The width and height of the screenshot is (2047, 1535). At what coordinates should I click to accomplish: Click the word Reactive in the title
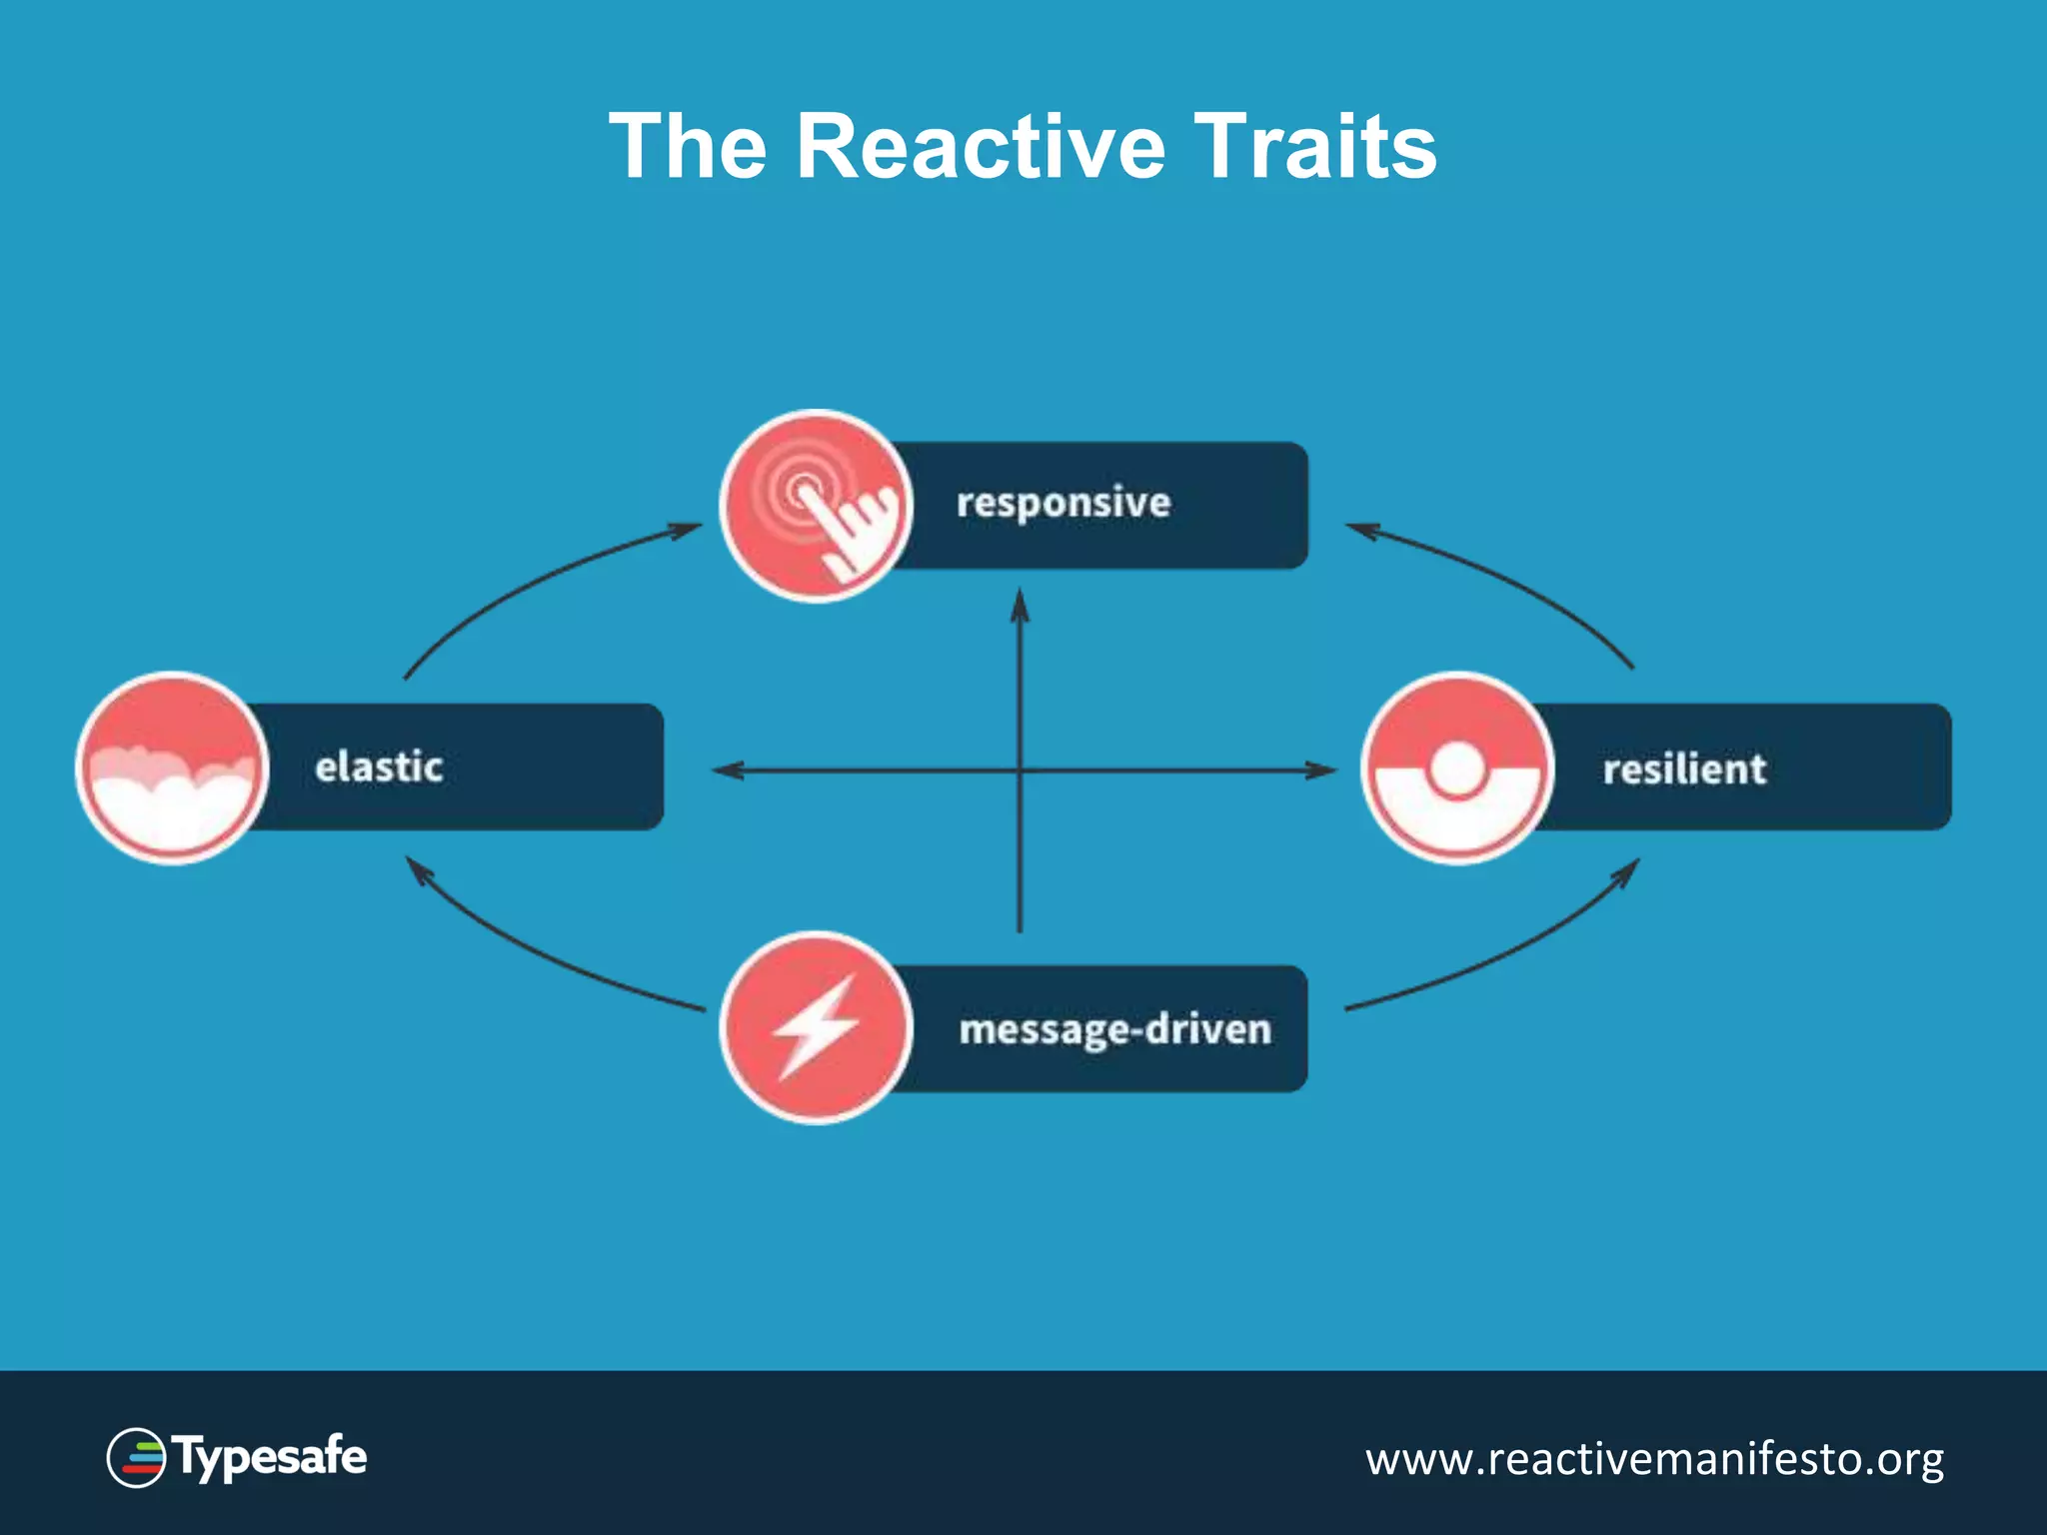(x=980, y=147)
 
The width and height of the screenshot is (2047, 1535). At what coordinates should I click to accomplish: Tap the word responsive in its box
(x=1062, y=503)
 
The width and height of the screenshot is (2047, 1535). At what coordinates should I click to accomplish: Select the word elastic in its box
(x=379, y=767)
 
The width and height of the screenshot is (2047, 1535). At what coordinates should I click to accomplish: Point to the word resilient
(x=1684, y=769)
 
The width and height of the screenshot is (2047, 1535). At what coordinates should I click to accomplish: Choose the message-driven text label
(x=1114, y=1029)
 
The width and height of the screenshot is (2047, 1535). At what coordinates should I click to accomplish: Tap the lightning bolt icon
(x=816, y=1027)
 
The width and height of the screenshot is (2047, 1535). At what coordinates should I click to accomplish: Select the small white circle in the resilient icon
(x=1457, y=768)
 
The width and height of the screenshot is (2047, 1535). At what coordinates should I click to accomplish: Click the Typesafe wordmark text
(x=271, y=1458)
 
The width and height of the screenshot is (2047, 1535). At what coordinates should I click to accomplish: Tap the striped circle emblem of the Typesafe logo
(x=137, y=1458)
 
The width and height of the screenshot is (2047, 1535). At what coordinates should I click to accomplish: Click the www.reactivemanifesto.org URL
(x=1654, y=1459)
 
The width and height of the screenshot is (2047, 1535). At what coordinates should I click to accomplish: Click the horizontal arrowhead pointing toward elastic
(x=726, y=770)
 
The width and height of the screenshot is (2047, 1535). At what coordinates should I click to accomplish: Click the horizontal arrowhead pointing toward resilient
(x=1321, y=770)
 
